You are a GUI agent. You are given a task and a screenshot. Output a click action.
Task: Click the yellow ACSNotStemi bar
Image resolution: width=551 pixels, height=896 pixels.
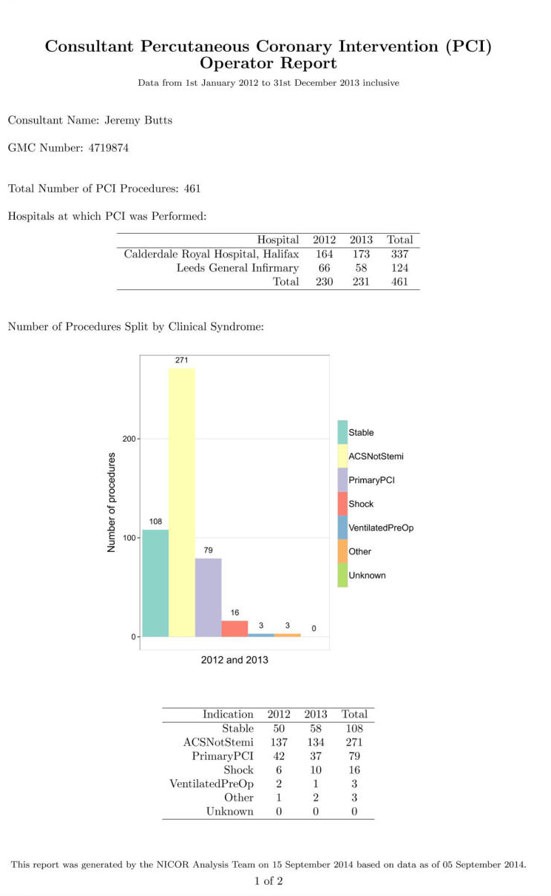(181, 502)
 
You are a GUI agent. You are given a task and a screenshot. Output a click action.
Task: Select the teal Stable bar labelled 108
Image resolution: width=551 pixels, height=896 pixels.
(155, 583)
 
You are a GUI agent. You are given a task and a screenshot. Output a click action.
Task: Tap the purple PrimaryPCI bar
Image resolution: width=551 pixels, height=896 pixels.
(209, 597)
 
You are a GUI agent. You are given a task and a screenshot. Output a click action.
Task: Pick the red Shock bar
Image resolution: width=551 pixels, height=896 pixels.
(234, 628)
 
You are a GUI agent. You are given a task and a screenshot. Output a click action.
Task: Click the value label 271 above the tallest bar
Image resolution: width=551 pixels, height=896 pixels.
(181, 360)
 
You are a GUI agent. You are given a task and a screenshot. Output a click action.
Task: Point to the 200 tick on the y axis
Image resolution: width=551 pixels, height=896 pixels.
(129, 439)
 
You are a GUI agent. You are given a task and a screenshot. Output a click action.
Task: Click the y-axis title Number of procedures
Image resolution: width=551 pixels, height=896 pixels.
(111, 502)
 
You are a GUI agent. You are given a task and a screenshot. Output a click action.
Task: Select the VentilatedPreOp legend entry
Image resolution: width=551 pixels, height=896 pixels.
(376, 528)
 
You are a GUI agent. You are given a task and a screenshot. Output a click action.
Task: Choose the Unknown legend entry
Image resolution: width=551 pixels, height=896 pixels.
(362, 575)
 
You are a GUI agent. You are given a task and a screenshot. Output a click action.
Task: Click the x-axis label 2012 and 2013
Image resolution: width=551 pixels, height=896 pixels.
(234, 659)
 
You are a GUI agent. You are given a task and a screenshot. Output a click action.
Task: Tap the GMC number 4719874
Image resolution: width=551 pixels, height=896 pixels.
(109, 148)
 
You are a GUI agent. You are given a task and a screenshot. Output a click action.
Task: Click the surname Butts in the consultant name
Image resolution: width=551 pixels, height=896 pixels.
(158, 121)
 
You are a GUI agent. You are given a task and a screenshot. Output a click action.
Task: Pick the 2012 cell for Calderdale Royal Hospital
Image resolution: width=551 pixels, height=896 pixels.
(324, 254)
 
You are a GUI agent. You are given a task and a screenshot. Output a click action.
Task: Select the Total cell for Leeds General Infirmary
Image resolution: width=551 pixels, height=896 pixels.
(399, 268)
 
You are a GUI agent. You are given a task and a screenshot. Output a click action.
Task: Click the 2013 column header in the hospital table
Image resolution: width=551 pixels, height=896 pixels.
(361, 240)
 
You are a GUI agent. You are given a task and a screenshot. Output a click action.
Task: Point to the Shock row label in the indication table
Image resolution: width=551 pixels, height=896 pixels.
(238, 770)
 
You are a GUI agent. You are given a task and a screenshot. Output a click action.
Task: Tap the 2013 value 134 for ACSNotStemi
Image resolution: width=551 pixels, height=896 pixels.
(316, 742)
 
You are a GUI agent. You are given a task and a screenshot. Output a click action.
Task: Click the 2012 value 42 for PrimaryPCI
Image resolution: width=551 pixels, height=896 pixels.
(279, 756)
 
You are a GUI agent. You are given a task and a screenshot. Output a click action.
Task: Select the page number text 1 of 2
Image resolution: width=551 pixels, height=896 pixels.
(268, 880)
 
